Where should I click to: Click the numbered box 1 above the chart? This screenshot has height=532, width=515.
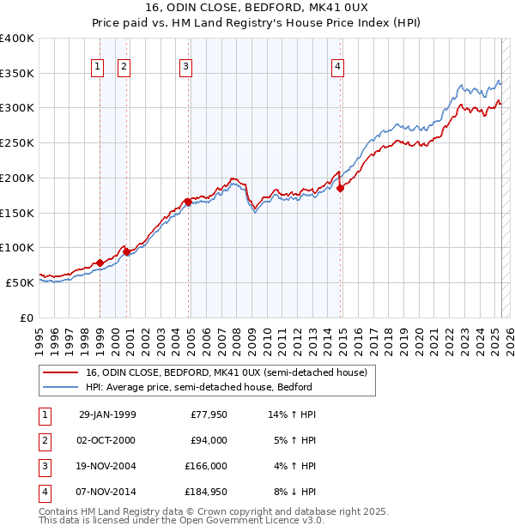pos(98,66)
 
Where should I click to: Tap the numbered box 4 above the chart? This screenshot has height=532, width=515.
pos(338,66)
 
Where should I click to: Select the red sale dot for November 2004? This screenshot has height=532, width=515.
pos(187,202)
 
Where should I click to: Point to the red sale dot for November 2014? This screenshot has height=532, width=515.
pos(340,188)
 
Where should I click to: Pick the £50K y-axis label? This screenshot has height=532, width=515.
pos(20,282)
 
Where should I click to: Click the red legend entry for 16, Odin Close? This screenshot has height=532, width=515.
pos(226,372)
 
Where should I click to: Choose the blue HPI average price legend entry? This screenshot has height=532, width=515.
pos(198,387)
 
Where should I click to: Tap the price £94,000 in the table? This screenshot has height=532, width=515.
pos(209,440)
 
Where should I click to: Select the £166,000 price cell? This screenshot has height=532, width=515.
pos(206,466)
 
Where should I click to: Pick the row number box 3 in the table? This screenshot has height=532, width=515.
pos(44,466)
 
